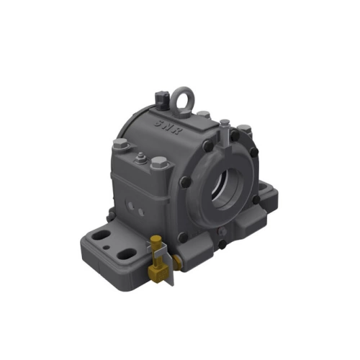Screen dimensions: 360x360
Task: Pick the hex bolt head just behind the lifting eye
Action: point(204,113)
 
